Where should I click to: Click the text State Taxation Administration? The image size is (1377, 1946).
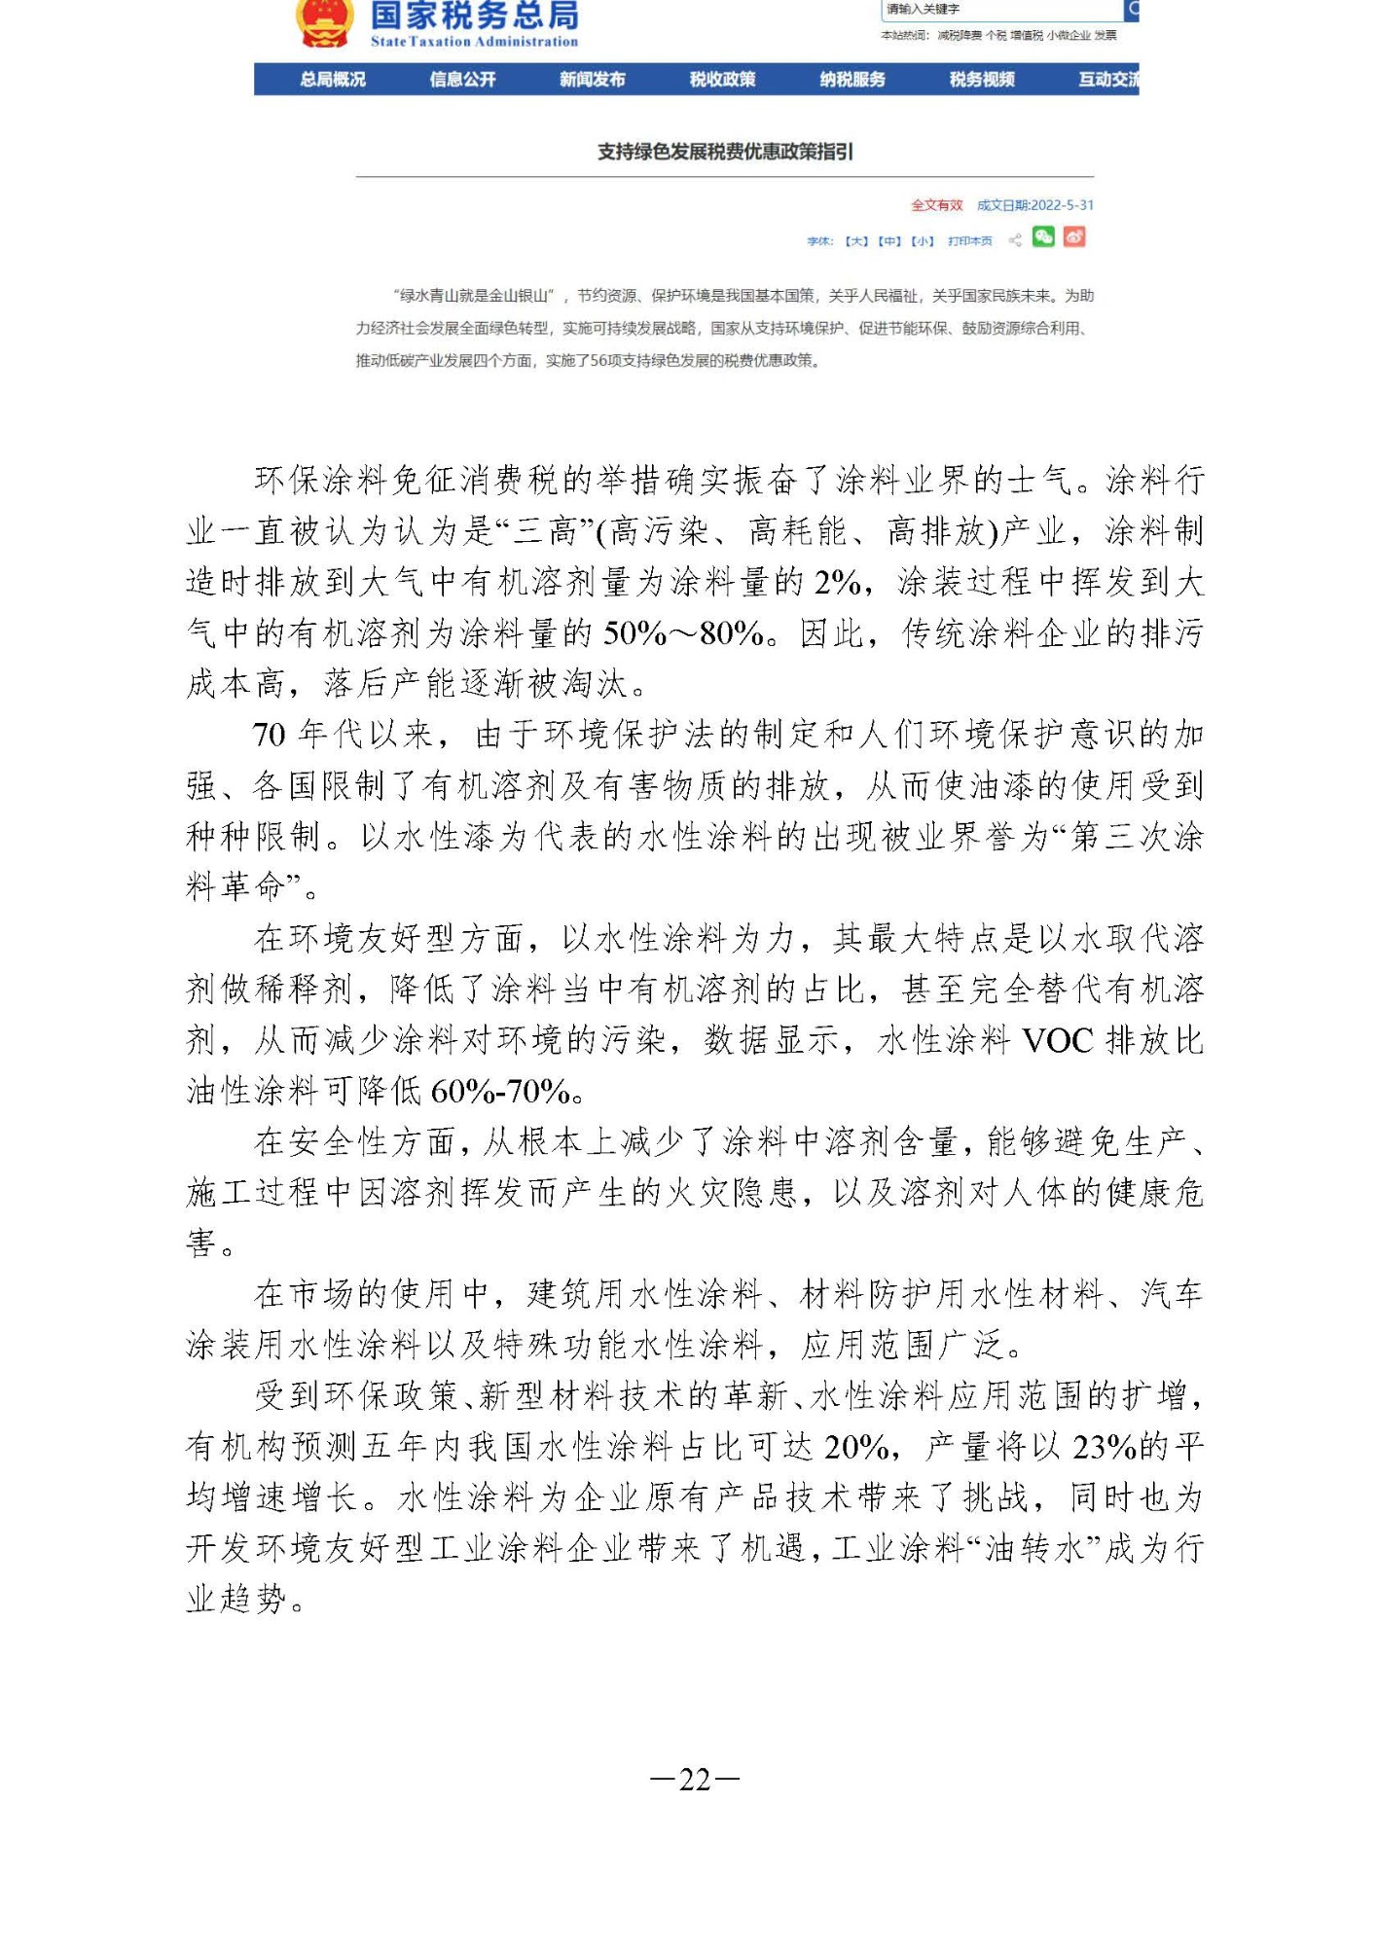point(474,42)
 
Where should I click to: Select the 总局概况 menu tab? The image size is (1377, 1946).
point(332,80)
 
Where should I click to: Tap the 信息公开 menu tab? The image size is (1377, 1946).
point(462,80)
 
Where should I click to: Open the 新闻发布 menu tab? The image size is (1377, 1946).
point(592,80)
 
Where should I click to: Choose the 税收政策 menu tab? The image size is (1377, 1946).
point(722,80)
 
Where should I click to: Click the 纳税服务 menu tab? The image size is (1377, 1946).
point(852,80)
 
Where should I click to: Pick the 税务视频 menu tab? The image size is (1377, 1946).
point(982,80)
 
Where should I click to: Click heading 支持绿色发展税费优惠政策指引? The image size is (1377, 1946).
point(725,152)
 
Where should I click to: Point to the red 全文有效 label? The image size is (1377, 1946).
point(936,205)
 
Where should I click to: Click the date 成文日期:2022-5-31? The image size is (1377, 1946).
point(1034,205)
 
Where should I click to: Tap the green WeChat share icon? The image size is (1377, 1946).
point(1043,237)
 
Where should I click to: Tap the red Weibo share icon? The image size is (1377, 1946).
point(1073,237)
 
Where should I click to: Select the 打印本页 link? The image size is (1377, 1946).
point(969,241)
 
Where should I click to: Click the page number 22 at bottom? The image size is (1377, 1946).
point(695,1779)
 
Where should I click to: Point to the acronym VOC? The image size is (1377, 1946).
point(1059,1041)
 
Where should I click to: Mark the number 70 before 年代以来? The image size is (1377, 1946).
point(269,736)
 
